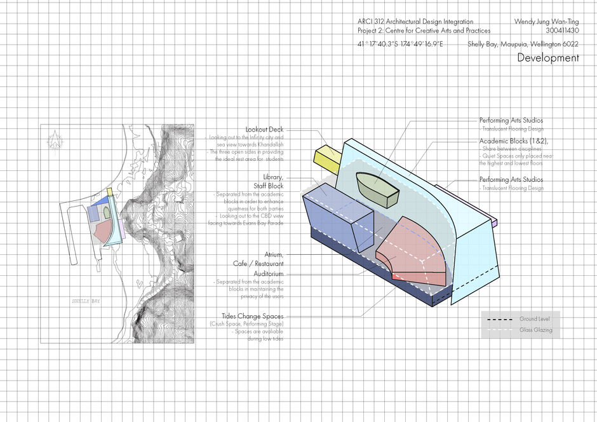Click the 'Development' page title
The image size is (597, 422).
(547, 58)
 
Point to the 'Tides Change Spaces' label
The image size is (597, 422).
(252, 316)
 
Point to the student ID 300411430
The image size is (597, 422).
(562, 30)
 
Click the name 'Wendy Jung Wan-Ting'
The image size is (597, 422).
(546, 21)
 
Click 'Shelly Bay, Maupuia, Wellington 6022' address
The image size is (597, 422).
(523, 44)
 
